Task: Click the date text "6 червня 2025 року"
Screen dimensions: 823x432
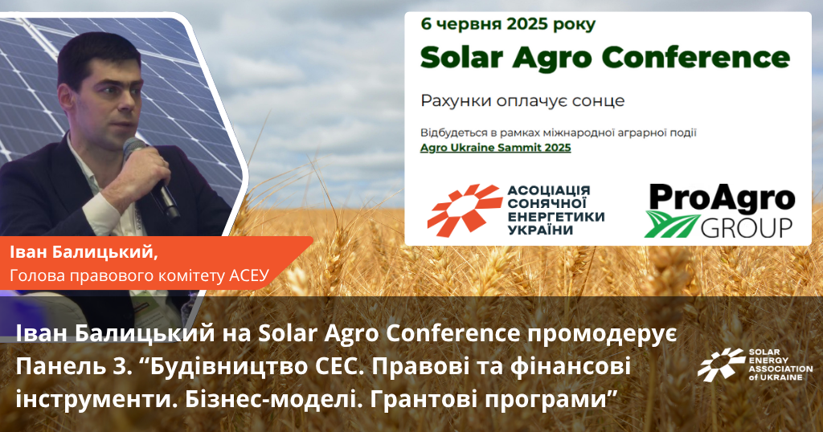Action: [x=508, y=25]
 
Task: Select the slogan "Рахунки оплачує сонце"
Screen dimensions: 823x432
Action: [x=522, y=100]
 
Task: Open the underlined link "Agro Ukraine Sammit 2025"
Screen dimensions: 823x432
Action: [x=495, y=147]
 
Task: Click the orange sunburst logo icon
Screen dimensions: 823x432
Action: [x=464, y=210]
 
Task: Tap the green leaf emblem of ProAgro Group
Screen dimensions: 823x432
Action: [x=671, y=224]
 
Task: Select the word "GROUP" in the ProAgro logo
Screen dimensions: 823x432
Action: [x=747, y=227]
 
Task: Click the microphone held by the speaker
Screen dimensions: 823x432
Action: [x=151, y=177]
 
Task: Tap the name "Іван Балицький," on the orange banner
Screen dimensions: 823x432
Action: [x=84, y=253]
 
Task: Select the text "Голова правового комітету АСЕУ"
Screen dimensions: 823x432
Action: [x=139, y=275]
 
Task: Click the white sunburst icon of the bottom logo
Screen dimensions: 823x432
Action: [x=721, y=365]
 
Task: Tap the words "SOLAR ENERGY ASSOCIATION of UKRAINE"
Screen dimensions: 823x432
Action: [x=780, y=365]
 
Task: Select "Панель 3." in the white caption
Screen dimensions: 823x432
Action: [x=73, y=367]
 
